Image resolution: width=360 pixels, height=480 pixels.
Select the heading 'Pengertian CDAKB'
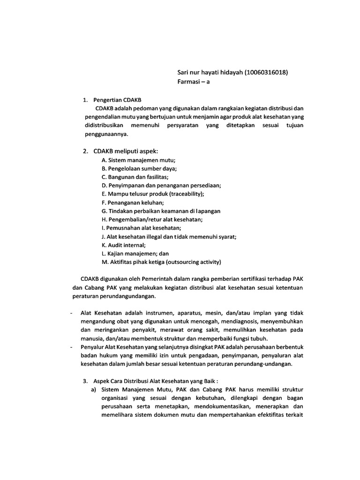pos(120,100)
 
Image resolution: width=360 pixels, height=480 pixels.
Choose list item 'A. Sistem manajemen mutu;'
pos(135,160)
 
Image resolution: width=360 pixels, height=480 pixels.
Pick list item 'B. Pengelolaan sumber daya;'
pos(139,168)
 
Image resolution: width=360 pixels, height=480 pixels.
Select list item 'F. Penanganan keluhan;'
pos(133,202)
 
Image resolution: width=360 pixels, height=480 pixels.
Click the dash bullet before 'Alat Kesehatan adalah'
pos(70,313)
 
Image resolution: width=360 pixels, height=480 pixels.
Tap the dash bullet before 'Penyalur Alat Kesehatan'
pos(70,347)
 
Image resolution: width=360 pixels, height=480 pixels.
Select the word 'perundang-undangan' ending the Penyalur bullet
pos(267,364)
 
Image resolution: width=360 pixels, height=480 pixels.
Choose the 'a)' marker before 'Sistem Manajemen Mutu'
pos(94,389)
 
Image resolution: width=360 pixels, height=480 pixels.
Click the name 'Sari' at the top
pos(184,72)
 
